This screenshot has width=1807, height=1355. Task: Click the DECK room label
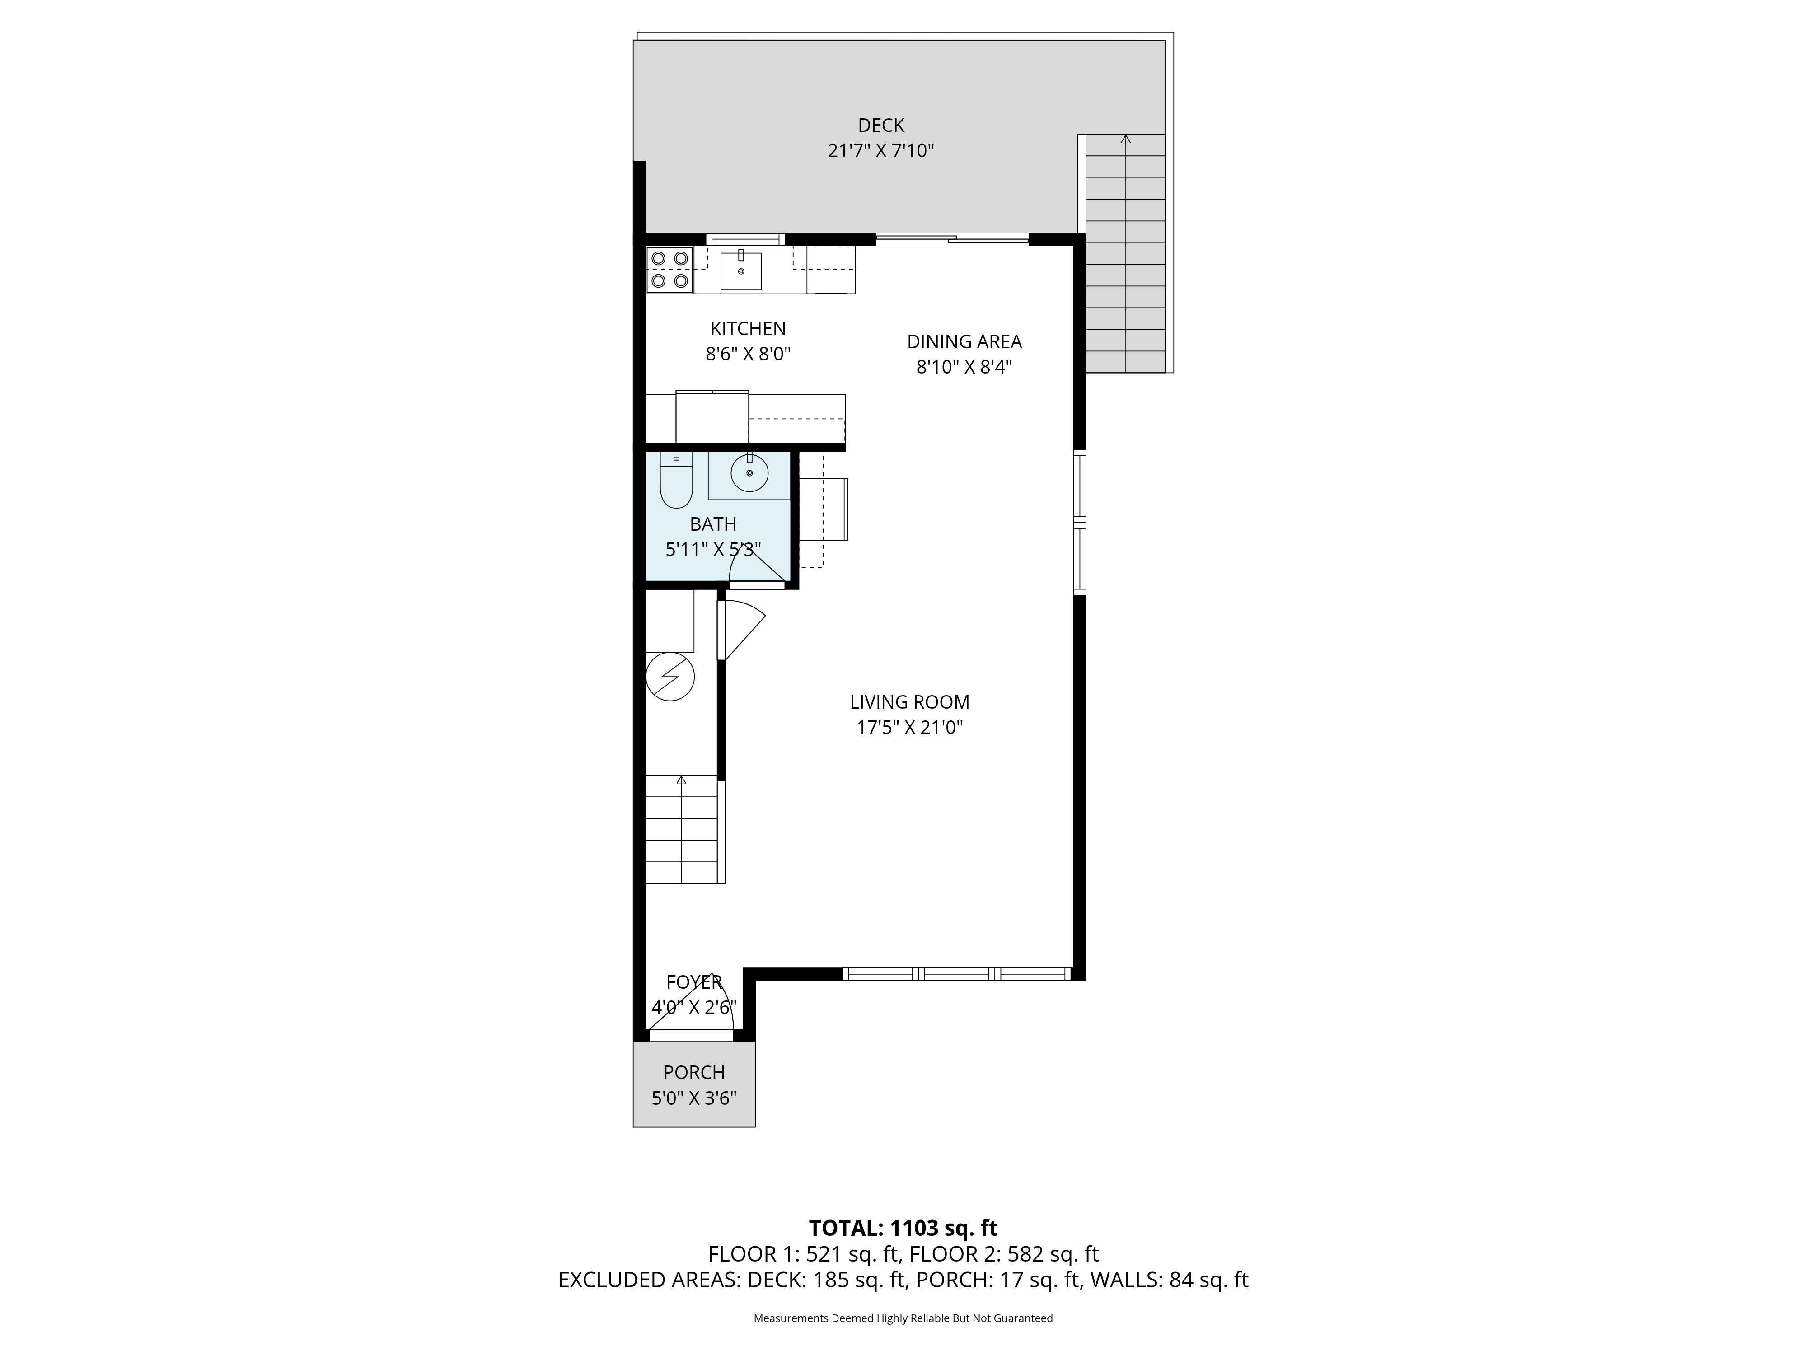(880, 125)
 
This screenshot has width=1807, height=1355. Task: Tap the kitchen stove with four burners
(669, 270)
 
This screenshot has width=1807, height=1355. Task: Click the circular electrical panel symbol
(670, 676)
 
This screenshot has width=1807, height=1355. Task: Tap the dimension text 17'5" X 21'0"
(909, 727)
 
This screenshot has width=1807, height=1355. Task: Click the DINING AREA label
(964, 341)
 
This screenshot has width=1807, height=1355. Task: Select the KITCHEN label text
(748, 328)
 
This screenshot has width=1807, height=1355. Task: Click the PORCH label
(693, 1072)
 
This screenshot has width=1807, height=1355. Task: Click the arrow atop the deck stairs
(1126, 139)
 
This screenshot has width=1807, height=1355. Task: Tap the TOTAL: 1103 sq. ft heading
(903, 1228)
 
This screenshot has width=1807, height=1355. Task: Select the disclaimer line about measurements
(903, 1318)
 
